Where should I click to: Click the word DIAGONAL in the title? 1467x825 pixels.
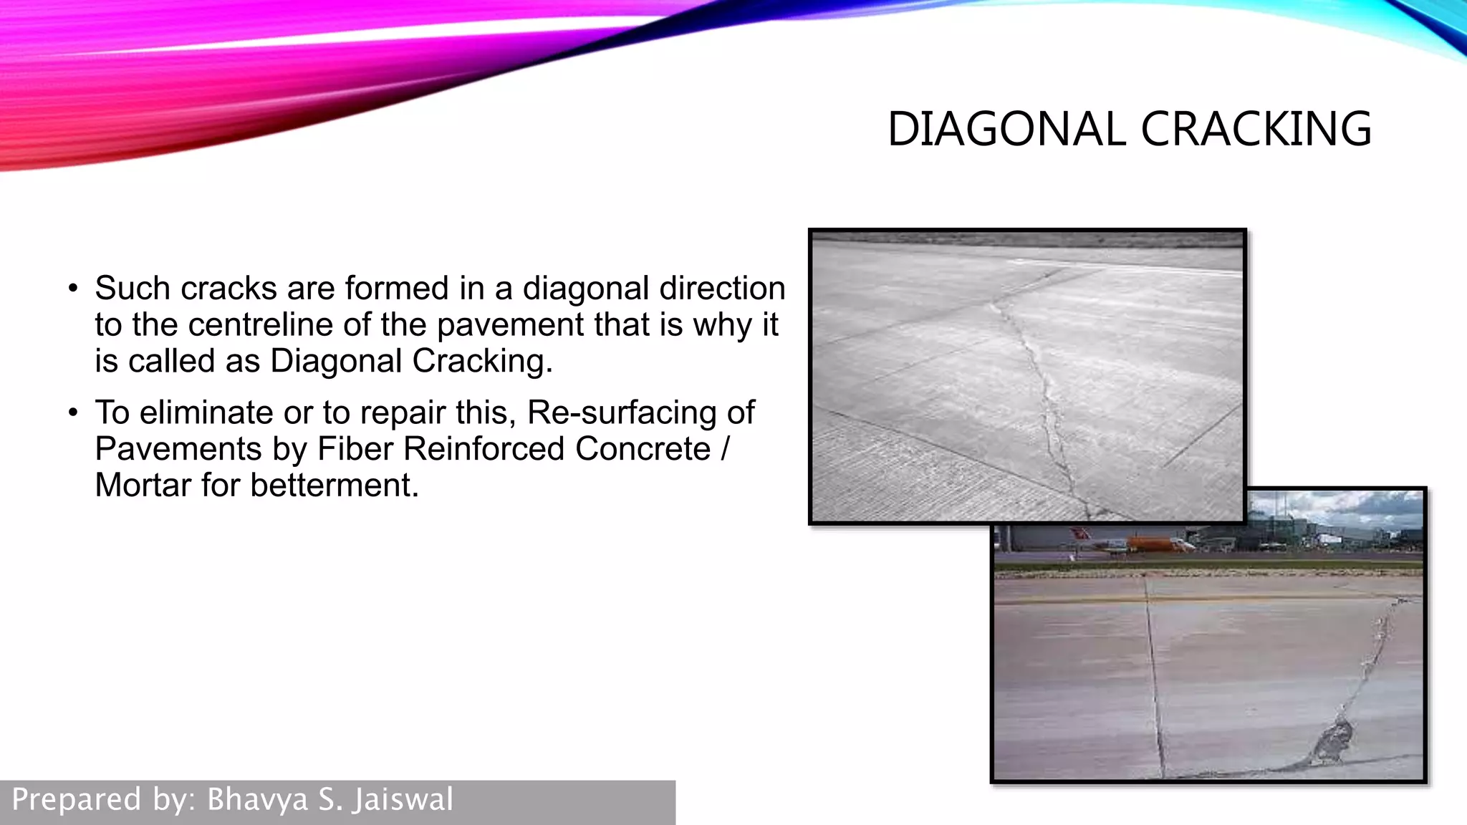coord(1006,130)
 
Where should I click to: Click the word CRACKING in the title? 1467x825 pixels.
coord(1256,130)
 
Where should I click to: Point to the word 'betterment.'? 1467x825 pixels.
coord(335,486)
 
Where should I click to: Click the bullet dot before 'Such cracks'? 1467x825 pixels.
coord(72,289)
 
